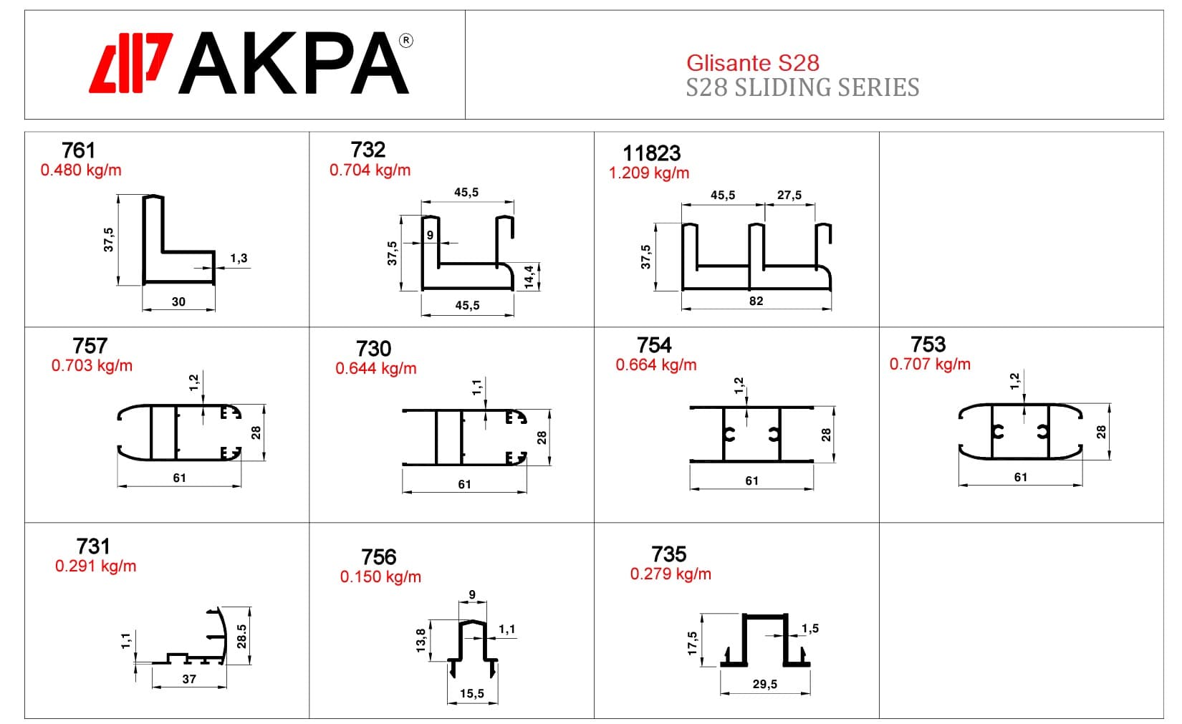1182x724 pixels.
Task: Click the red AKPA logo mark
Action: (130, 63)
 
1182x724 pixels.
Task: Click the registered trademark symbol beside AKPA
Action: (405, 41)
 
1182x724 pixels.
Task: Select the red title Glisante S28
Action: (752, 63)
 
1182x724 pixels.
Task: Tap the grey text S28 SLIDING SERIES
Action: (802, 87)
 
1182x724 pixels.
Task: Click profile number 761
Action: (78, 150)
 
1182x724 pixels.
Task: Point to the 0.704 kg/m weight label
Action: (370, 170)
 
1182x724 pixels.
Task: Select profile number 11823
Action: (652, 153)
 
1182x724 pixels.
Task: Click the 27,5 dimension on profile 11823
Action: (789, 195)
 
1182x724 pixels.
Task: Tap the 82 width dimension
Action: (756, 301)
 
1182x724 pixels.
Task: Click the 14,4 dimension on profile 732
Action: (529, 277)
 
